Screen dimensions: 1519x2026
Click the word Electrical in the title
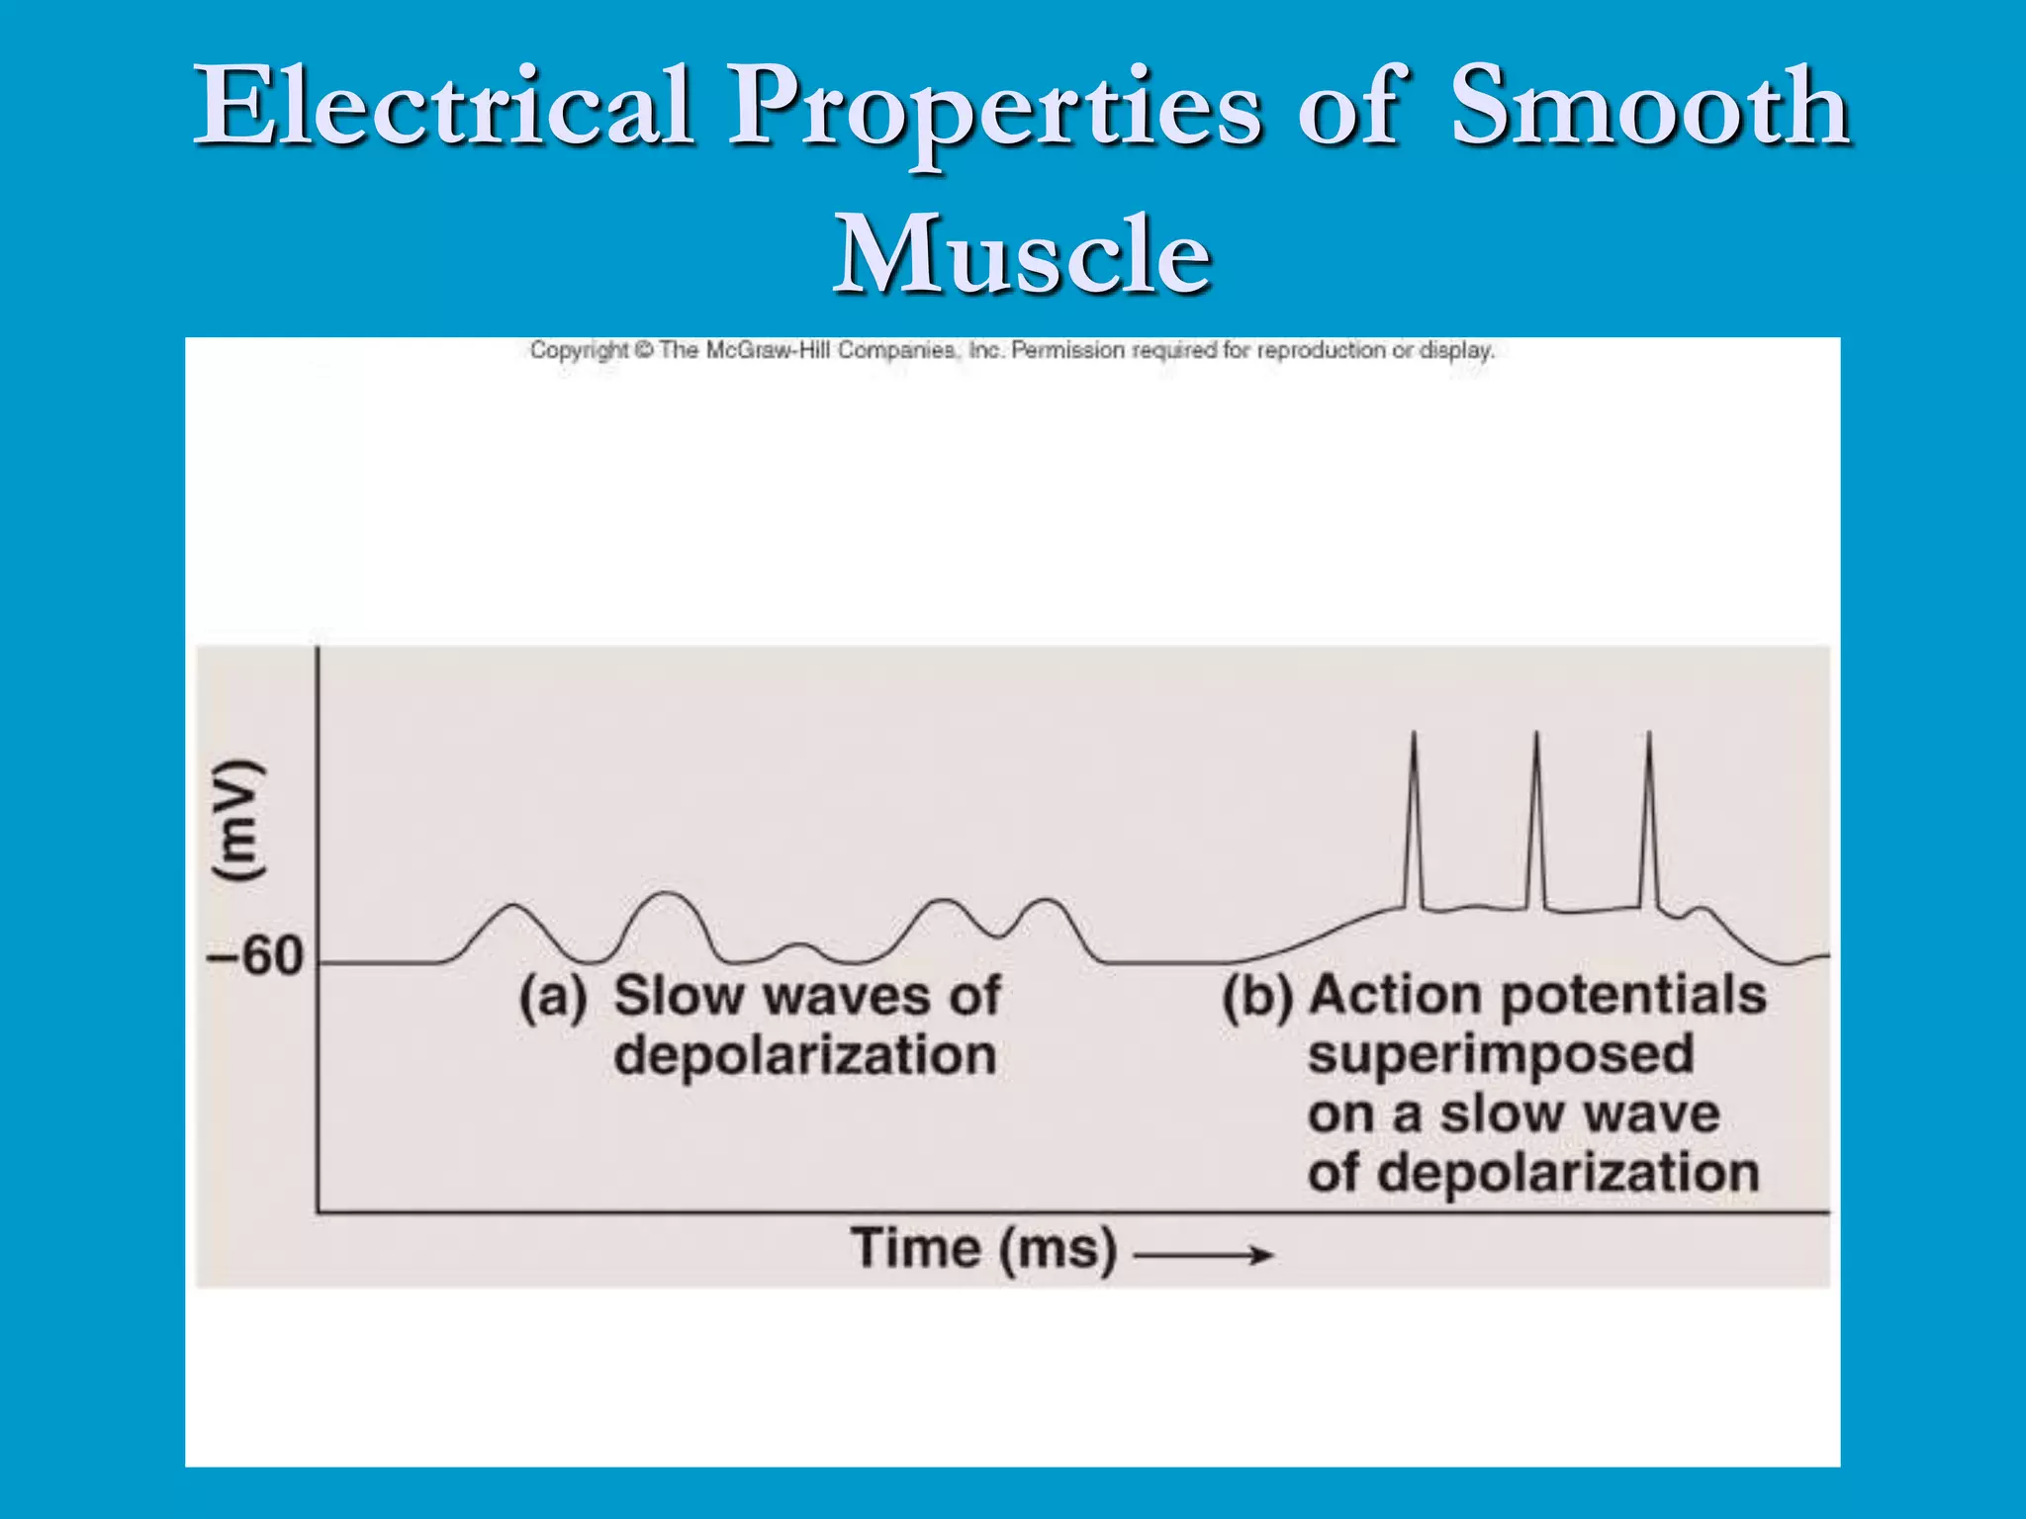click(x=442, y=106)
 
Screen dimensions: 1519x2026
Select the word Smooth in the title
click(x=1648, y=106)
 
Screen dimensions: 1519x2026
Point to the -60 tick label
click(x=254, y=956)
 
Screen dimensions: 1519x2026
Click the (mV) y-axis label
click(x=238, y=821)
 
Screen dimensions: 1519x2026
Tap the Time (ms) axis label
click(x=983, y=1248)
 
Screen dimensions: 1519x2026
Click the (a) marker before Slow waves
click(x=553, y=997)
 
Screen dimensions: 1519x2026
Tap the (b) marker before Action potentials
click(x=1257, y=997)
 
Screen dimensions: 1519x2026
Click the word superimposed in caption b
click(x=1501, y=1055)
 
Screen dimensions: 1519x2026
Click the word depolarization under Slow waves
click(x=804, y=1055)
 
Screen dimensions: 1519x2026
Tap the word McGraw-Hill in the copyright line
click(x=771, y=350)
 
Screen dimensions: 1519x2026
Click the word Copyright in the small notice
click(x=579, y=350)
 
